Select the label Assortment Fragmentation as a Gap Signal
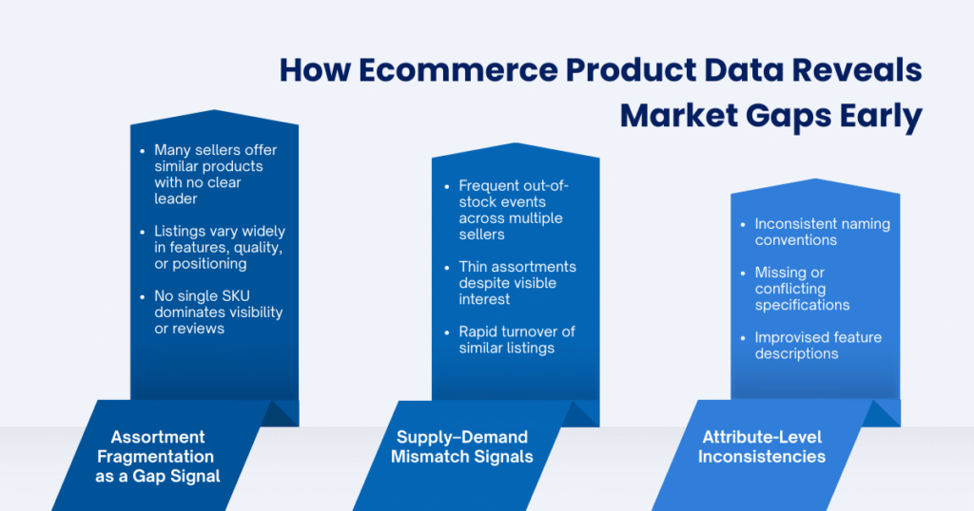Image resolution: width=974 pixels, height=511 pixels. tap(158, 456)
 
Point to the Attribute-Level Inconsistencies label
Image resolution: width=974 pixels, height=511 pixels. tap(762, 446)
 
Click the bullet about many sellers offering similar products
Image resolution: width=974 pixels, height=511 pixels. tap(214, 174)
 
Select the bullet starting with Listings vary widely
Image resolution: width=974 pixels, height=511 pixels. tap(219, 248)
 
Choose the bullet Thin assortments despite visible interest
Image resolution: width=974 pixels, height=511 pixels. tap(516, 283)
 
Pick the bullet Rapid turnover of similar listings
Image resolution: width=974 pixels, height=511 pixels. tap(516, 340)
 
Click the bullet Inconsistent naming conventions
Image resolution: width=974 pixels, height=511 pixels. tap(822, 233)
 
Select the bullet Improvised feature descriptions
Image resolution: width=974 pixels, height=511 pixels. tap(818, 346)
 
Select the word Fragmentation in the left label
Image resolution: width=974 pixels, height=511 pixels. tap(158, 456)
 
